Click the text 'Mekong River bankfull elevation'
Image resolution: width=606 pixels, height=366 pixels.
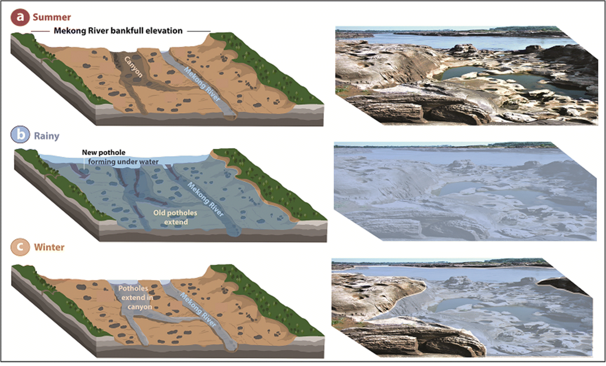[x=118, y=31]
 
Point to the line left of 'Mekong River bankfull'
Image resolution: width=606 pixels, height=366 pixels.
[x=41, y=31]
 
